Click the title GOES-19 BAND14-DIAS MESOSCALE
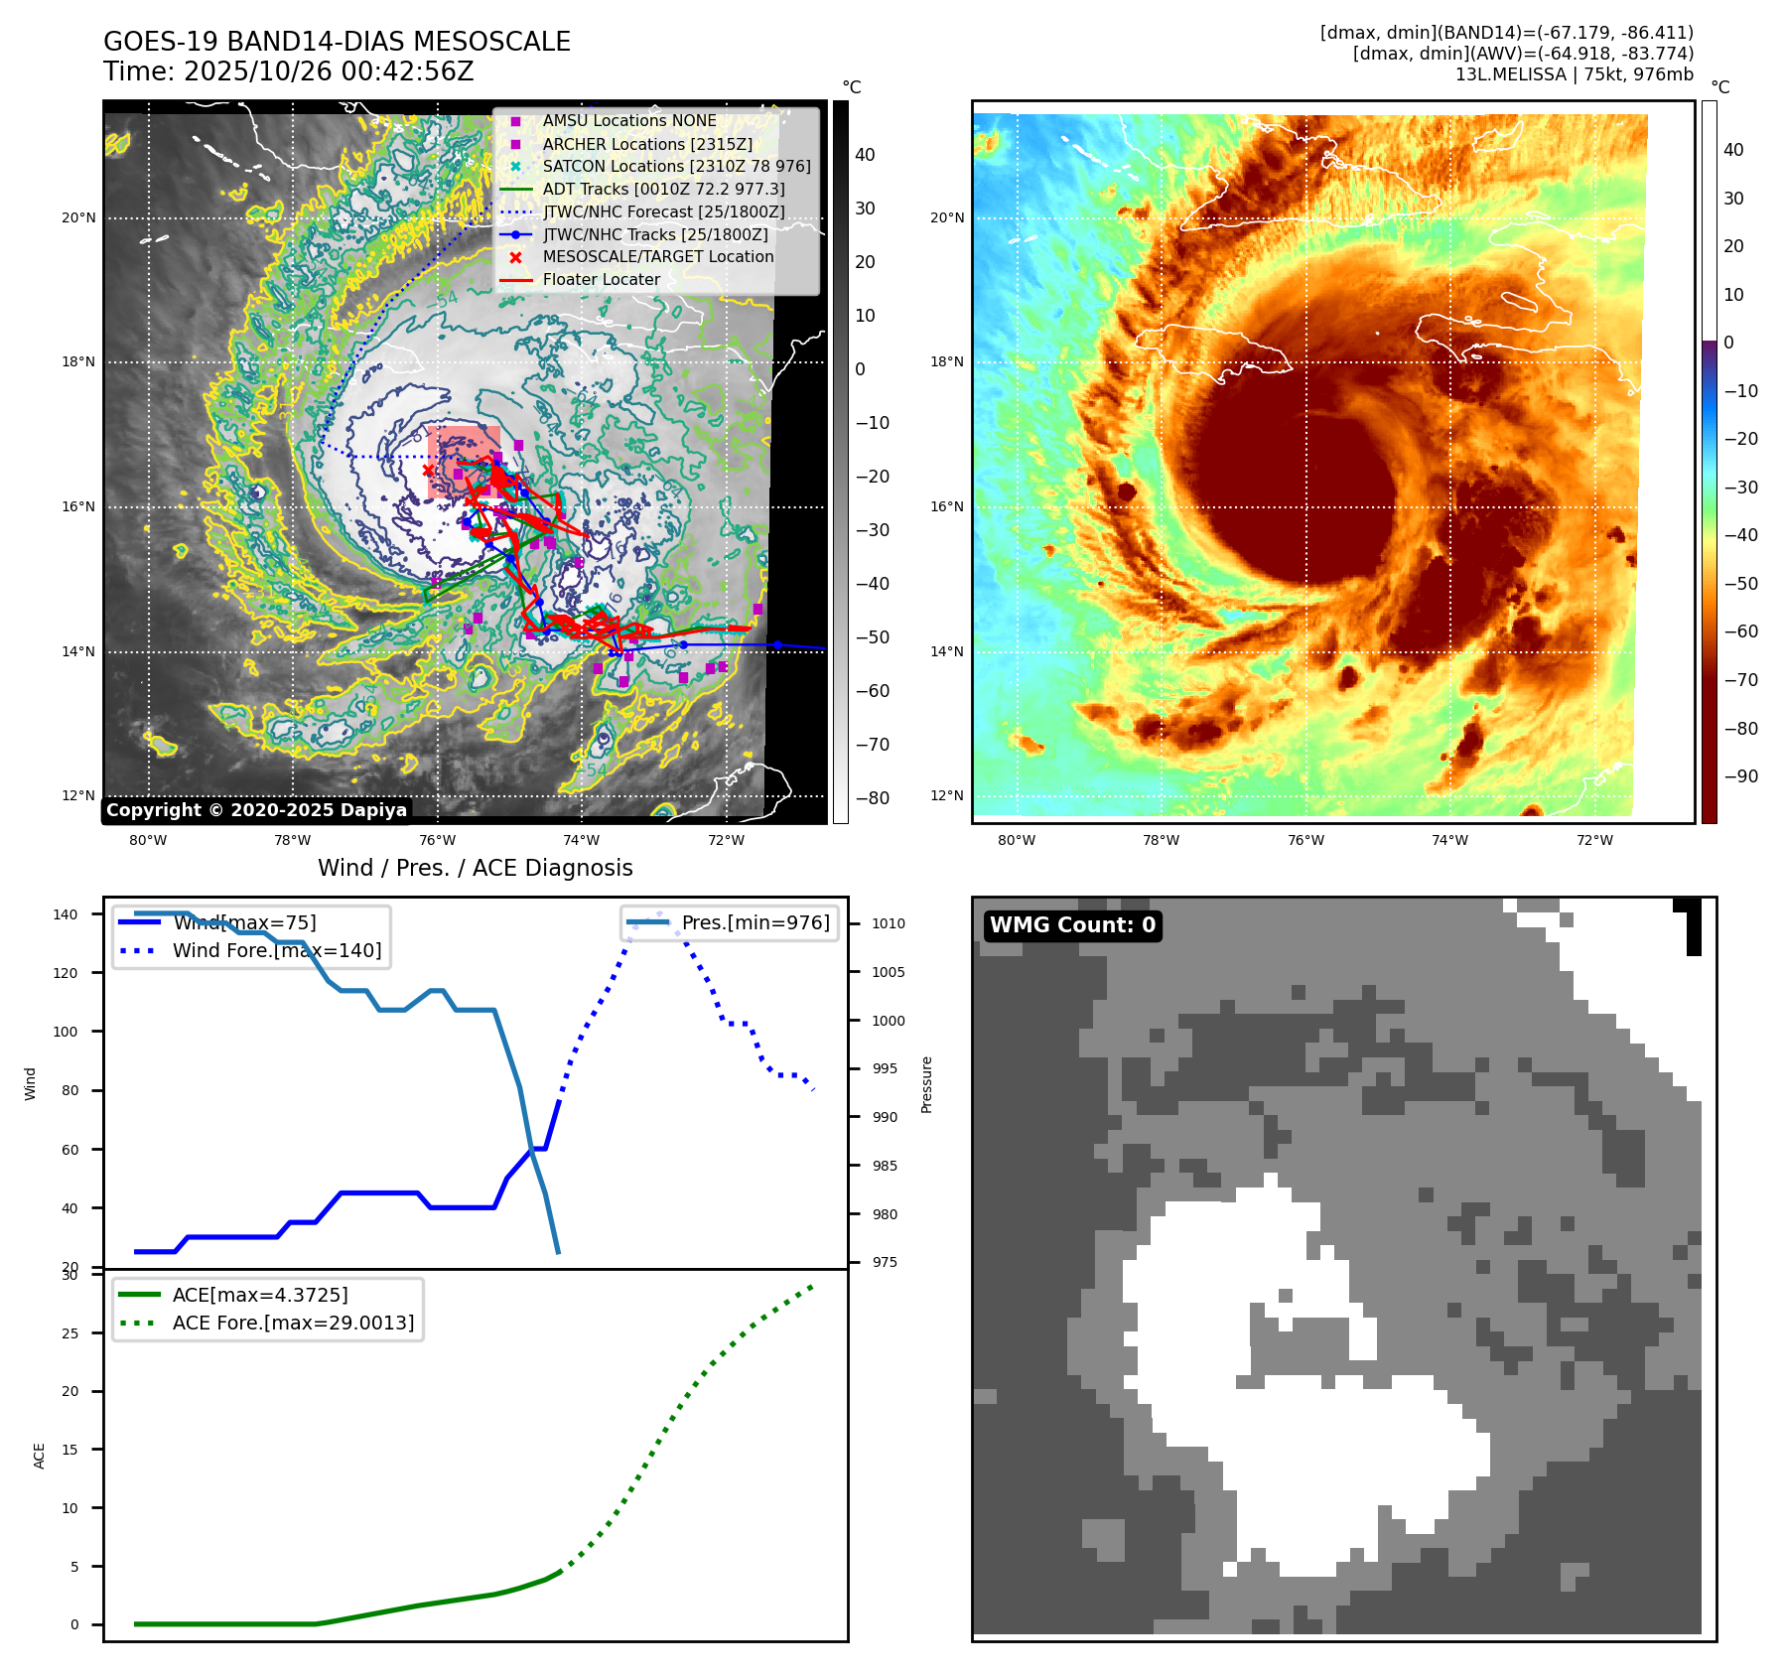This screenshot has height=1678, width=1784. pyautogui.click(x=337, y=42)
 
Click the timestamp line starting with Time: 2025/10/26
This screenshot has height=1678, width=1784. pyautogui.click(x=288, y=71)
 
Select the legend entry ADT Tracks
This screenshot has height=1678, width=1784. pyautogui.click(x=663, y=189)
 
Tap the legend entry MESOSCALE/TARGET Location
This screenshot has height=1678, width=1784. pyautogui.click(x=657, y=256)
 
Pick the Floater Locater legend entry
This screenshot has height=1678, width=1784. pyautogui.click(x=601, y=279)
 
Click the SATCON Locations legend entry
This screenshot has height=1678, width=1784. pyautogui.click(x=676, y=166)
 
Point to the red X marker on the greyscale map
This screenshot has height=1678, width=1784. pyautogui.click(x=428, y=470)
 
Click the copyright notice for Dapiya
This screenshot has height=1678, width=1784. pyautogui.click(x=256, y=810)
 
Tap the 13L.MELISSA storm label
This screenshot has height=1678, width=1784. pyautogui.click(x=1574, y=74)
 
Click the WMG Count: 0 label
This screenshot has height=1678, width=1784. pyautogui.click(x=1072, y=925)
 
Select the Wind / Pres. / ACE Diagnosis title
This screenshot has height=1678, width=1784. pyautogui.click(x=475, y=868)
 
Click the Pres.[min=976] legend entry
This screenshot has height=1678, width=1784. pyautogui.click(x=755, y=922)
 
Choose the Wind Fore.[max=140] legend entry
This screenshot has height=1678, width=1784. pyautogui.click(x=276, y=950)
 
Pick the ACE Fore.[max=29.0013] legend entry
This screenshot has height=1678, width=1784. pyautogui.click(x=293, y=1323)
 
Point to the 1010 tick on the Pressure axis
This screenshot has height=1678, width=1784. pyautogui.click(x=889, y=923)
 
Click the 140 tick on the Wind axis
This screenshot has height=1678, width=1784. pyautogui.click(x=66, y=914)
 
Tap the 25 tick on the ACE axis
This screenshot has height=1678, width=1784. pyautogui.click(x=69, y=1333)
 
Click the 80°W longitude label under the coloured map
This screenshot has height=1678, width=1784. pyautogui.click(x=1017, y=840)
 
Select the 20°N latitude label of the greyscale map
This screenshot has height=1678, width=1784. pyautogui.click(x=79, y=217)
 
